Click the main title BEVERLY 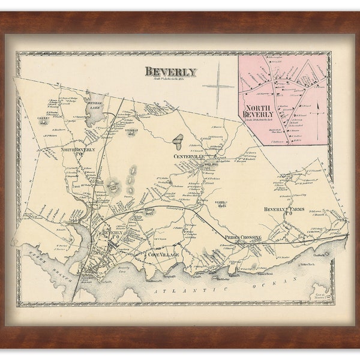(x=170, y=72)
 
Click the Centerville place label (x=189, y=157)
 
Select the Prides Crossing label (x=243, y=238)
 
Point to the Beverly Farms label (x=285, y=210)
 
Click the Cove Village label (x=160, y=254)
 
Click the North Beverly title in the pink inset (x=259, y=111)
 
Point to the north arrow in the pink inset (x=319, y=109)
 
